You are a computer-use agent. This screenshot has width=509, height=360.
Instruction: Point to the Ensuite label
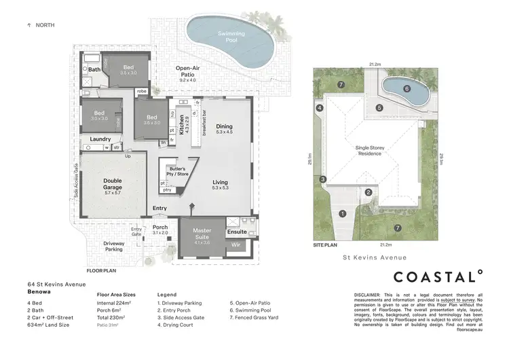tap(238, 232)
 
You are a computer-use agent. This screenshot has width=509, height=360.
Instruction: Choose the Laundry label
tap(100, 139)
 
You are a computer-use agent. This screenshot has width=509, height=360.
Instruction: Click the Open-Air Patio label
tap(187, 71)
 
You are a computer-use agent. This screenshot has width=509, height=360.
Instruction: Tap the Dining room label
tap(224, 127)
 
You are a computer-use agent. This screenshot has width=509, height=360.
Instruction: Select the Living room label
tap(220, 182)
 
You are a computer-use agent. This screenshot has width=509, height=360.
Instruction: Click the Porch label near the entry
tap(160, 227)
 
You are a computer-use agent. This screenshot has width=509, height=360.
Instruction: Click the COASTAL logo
tap(438, 276)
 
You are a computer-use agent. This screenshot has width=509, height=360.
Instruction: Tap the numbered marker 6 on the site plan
tap(407, 88)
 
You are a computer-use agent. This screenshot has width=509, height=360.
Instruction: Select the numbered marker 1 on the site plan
tap(343, 213)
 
